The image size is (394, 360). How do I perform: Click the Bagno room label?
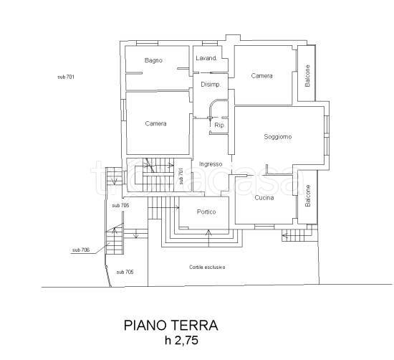click(x=153, y=60)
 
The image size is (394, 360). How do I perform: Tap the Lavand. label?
click(x=206, y=58)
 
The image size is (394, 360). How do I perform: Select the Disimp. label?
click(x=211, y=85)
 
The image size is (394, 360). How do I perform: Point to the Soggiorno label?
click(x=278, y=137)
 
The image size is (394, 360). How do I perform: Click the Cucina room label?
click(x=264, y=198)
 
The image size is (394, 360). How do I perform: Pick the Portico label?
click(x=206, y=212)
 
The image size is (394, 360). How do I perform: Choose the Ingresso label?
click(x=211, y=164)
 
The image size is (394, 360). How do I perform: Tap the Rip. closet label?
click(x=219, y=125)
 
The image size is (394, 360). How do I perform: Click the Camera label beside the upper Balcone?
click(x=261, y=76)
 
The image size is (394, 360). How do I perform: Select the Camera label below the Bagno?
click(x=155, y=123)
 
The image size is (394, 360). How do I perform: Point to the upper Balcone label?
click(x=307, y=76)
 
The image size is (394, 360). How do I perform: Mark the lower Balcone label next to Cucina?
click(x=308, y=196)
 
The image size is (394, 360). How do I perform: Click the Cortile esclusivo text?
click(x=207, y=267)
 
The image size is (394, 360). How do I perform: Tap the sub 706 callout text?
click(x=81, y=250)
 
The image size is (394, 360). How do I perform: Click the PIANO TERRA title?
click(x=171, y=326)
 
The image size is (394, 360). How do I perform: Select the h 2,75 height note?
click(x=182, y=341)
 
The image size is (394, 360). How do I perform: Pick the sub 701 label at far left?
click(x=66, y=77)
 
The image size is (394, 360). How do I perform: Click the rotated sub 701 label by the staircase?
click(x=181, y=176)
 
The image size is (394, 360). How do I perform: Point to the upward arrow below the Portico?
click(x=208, y=238)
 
